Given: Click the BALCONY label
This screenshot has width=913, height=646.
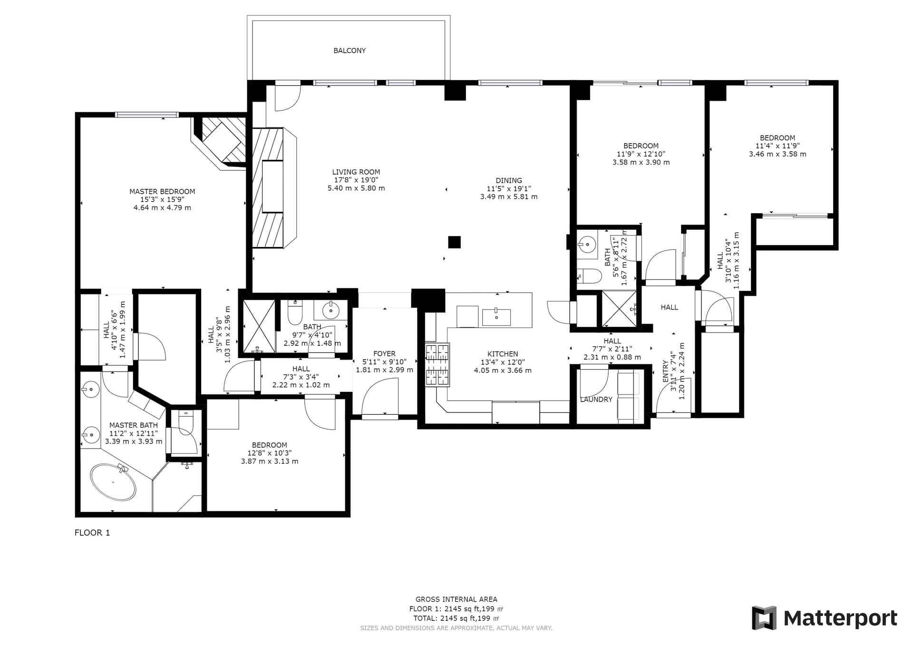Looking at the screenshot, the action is [x=350, y=50].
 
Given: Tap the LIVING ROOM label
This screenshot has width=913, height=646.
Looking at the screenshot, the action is [x=356, y=172].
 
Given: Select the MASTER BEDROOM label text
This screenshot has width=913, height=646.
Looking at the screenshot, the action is [x=162, y=192].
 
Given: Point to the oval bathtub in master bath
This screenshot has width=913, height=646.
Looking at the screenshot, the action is [x=113, y=482].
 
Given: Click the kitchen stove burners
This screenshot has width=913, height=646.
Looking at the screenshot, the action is [x=437, y=365].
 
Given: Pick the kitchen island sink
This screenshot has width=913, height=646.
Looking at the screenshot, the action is [x=496, y=317].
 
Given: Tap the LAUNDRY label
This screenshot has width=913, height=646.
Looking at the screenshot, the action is [x=596, y=400].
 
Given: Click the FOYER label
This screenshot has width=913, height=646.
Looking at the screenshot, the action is [x=384, y=353].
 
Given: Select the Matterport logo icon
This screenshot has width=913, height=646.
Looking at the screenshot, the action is [x=764, y=618].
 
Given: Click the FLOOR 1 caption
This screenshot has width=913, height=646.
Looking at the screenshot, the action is [x=92, y=533].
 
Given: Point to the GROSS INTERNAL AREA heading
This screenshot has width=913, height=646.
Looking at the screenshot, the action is [x=456, y=599].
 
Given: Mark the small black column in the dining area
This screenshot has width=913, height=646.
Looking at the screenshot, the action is [x=455, y=242].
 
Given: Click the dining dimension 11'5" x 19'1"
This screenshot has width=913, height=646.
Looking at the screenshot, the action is [x=509, y=188].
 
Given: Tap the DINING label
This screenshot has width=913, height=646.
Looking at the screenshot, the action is [x=509, y=180].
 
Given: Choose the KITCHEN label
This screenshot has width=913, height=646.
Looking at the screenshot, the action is [x=503, y=354].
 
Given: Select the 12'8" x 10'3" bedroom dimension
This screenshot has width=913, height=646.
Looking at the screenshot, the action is [x=270, y=453].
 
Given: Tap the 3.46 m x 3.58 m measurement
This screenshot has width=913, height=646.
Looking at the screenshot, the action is [x=777, y=154].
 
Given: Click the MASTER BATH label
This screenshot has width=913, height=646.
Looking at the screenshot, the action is [x=134, y=425].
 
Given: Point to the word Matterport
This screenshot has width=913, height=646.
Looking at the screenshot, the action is [x=840, y=618].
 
